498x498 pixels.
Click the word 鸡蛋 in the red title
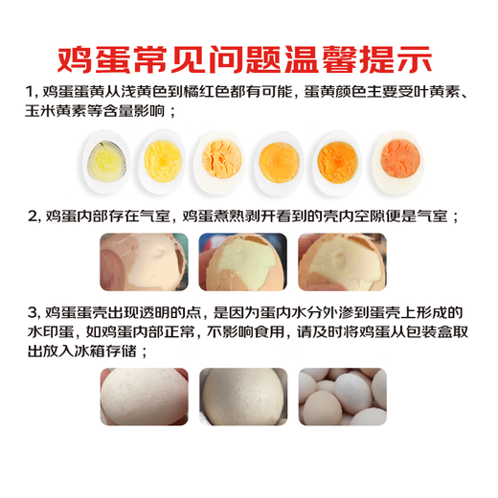[90, 54]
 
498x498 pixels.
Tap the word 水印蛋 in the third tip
[51, 332]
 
